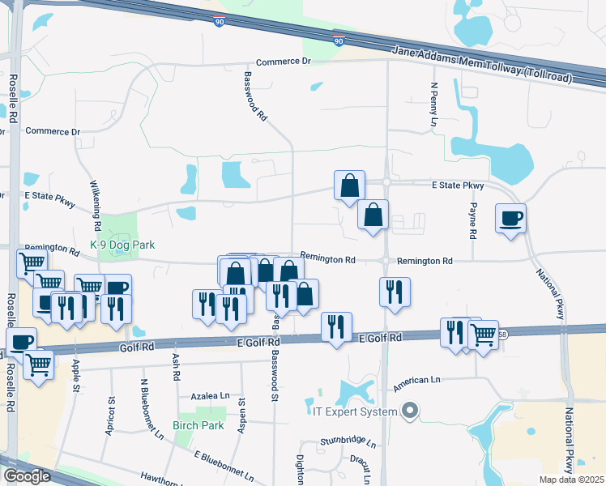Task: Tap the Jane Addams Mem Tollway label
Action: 482,64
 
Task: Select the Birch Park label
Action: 198,424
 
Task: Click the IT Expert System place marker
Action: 410,411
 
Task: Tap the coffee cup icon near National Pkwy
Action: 510,219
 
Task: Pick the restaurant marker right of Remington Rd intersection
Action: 395,292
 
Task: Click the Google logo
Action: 27,476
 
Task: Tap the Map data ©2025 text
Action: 571,480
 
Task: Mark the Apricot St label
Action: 109,416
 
